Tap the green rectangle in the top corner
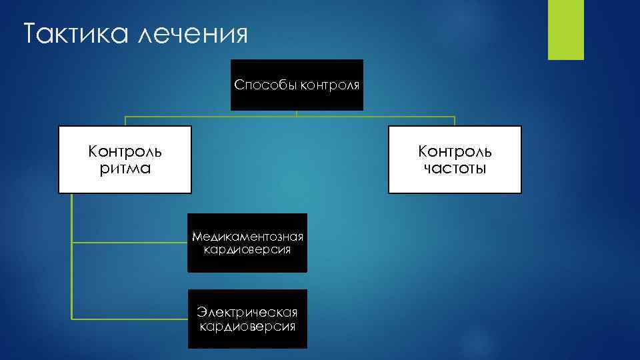click(x=565, y=29)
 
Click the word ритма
click(x=125, y=168)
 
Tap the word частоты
click(x=455, y=168)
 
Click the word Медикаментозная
click(x=247, y=237)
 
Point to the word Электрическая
click(x=247, y=312)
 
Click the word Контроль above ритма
click(x=125, y=151)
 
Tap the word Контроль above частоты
click(x=455, y=151)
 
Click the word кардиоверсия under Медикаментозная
click(x=247, y=250)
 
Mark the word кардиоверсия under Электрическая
click(x=247, y=326)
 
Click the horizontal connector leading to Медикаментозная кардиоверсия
click(x=130, y=243)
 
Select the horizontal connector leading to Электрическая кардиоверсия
click(x=130, y=319)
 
